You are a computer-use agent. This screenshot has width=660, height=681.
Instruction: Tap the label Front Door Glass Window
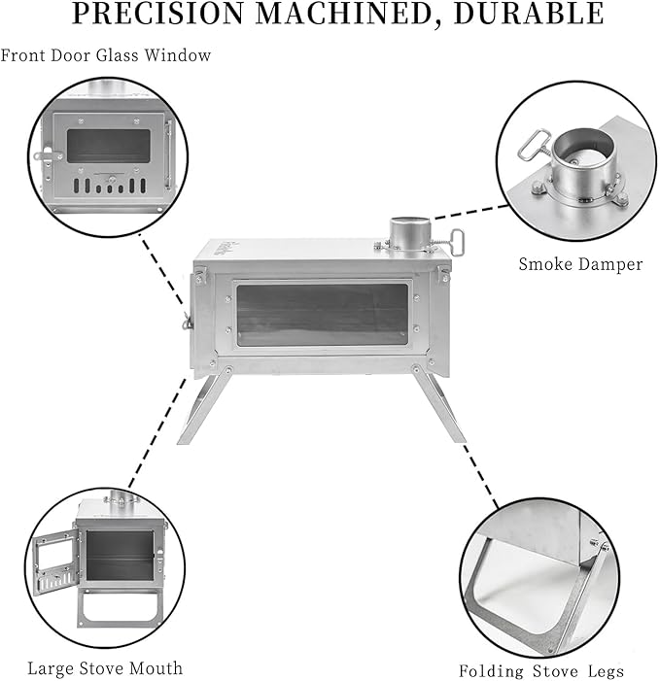[106, 55]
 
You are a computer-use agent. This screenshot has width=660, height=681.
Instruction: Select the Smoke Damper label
[580, 264]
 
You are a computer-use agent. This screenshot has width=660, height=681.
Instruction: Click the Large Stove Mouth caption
[105, 668]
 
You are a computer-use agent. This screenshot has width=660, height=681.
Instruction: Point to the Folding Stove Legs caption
[541, 670]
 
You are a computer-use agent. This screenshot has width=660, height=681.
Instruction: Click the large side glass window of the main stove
[323, 315]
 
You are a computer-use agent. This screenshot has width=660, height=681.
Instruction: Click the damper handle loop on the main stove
[457, 242]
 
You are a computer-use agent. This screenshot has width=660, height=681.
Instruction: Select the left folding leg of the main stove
[205, 405]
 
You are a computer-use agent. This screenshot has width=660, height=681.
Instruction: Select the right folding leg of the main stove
[438, 404]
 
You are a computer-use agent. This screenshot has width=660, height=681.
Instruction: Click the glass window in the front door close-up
[109, 146]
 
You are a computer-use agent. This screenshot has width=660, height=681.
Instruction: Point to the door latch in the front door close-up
[47, 155]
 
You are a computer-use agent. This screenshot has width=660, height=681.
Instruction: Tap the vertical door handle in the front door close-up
[168, 154]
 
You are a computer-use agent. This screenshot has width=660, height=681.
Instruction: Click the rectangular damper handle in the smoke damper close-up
[533, 145]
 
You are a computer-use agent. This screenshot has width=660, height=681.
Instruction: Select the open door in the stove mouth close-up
[55, 564]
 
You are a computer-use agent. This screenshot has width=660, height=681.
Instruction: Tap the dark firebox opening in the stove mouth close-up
[120, 555]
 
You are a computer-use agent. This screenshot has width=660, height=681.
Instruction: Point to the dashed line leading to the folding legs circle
[480, 475]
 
